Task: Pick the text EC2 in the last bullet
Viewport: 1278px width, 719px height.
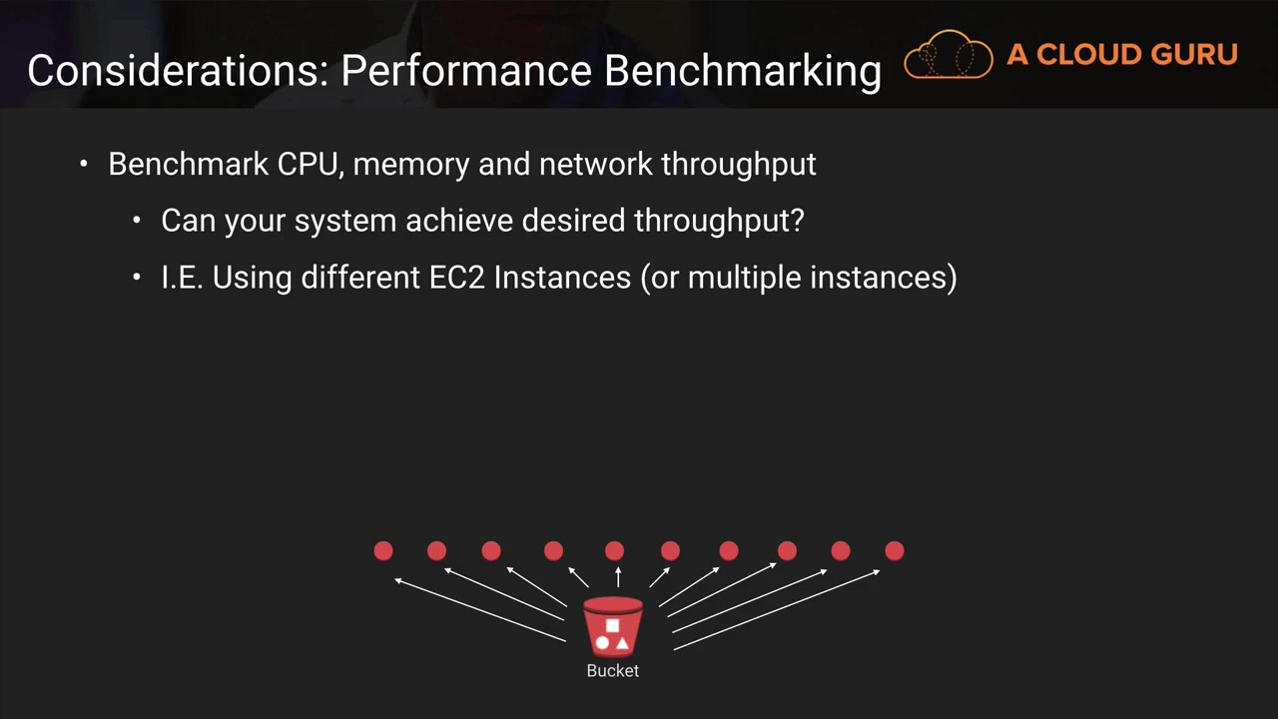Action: [456, 277]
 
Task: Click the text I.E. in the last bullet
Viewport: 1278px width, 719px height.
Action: [182, 277]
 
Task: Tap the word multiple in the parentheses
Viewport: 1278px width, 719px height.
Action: [745, 277]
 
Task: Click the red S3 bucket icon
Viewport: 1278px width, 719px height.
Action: [612, 626]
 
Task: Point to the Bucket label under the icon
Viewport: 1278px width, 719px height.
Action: [612, 671]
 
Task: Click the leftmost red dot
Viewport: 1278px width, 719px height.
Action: [383, 550]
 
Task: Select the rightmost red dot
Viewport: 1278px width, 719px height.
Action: [894, 550]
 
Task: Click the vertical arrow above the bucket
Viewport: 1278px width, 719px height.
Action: [618, 576]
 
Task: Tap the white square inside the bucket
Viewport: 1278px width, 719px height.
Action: [612, 626]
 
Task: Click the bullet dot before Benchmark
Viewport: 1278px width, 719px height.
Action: [85, 164]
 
